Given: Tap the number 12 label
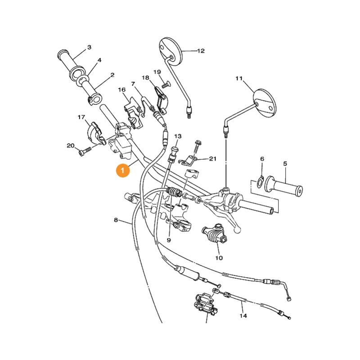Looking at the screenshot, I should (201, 51).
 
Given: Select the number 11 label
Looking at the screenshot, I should (238, 79).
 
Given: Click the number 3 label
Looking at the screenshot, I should (89, 47).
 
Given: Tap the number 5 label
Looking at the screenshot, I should (285, 163).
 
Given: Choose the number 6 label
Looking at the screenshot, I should (262, 159).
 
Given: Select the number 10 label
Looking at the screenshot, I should (219, 258).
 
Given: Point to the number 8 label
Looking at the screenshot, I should (116, 220).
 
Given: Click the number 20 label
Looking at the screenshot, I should (70, 145).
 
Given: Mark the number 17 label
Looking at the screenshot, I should (81, 117).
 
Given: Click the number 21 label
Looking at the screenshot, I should (212, 159).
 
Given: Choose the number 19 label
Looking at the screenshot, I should (157, 72).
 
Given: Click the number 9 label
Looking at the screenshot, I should (169, 240).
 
